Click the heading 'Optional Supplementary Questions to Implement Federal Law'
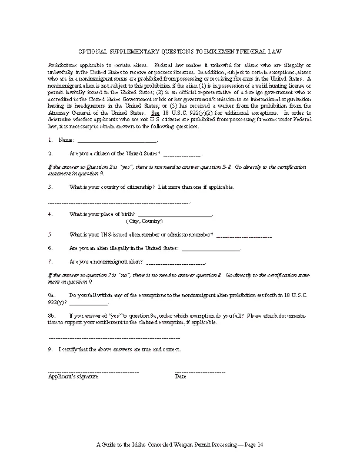[x=180, y=52]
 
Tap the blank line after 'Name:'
[x=118, y=141]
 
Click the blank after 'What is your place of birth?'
[x=174, y=216]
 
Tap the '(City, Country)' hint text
[x=144, y=222]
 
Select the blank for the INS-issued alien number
[x=244, y=235]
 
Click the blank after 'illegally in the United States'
[x=211, y=249]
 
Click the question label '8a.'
[x=52, y=294]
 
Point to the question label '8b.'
[x=52, y=316]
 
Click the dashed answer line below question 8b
[x=114, y=338]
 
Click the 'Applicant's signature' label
[x=74, y=377]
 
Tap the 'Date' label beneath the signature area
[x=181, y=377]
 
